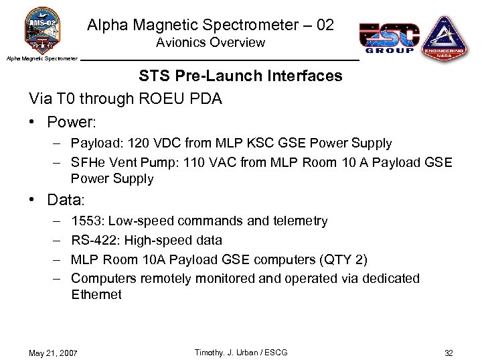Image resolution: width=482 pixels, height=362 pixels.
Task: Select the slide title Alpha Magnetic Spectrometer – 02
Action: [210, 25]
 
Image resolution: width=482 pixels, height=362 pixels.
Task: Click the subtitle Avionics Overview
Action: [210, 43]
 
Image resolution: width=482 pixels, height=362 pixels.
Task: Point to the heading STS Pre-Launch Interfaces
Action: [240, 76]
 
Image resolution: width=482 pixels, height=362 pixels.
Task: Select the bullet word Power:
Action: [72, 123]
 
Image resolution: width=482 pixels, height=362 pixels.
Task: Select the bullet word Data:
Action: [68, 200]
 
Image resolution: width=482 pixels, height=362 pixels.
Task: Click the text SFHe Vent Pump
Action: [120, 162]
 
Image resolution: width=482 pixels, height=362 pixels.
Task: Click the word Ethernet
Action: [96, 294]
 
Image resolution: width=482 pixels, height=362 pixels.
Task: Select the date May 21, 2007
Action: [53, 353]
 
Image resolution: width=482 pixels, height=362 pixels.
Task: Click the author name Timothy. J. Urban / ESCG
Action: [240, 353]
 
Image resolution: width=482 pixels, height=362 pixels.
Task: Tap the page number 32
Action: [449, 353]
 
